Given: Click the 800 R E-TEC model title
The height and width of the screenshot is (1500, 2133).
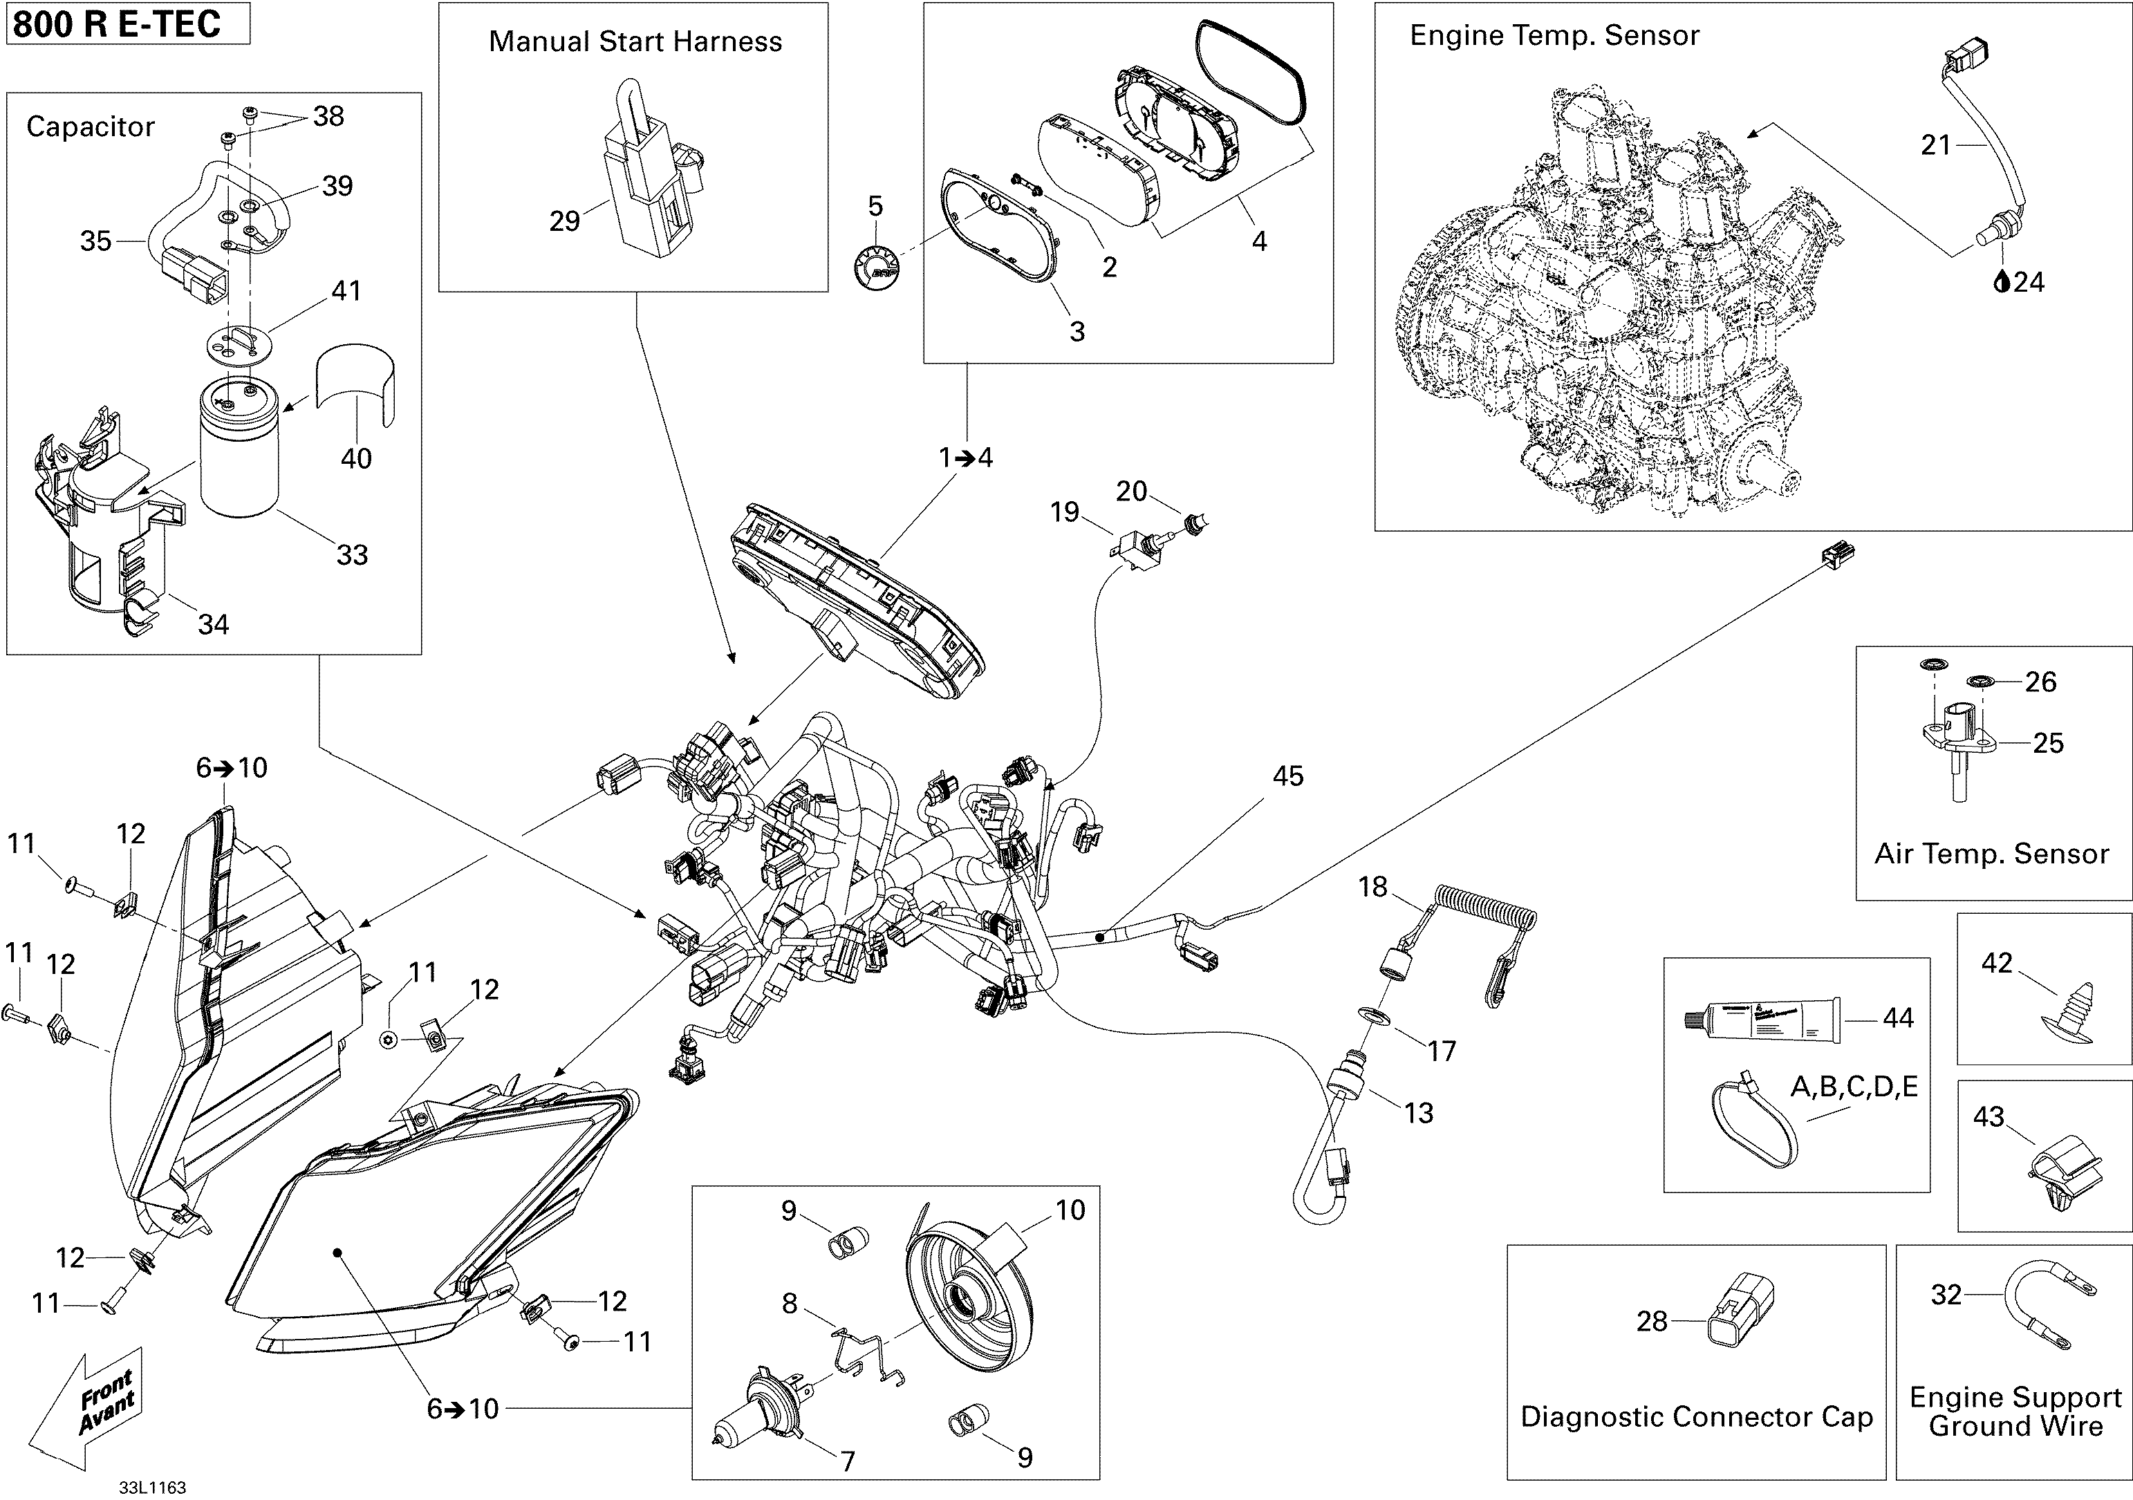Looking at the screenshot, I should pos(117,24).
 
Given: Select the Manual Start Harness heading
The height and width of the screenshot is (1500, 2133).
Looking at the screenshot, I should pos(635,41).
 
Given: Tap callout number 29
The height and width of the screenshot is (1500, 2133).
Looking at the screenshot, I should pos(564,221).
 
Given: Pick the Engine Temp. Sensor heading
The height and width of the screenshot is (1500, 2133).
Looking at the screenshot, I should pos(1554,35).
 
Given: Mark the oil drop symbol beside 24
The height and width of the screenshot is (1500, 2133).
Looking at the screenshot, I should pos(2002,281).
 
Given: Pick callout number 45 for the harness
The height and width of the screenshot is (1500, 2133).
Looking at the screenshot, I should pos(1287,776).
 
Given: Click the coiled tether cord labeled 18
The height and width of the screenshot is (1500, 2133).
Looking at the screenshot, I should pos(1484,908).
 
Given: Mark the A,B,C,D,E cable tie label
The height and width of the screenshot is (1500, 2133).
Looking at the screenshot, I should pos(1854,1086).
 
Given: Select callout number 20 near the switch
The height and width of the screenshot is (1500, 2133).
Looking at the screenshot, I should pos(1130,491).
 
